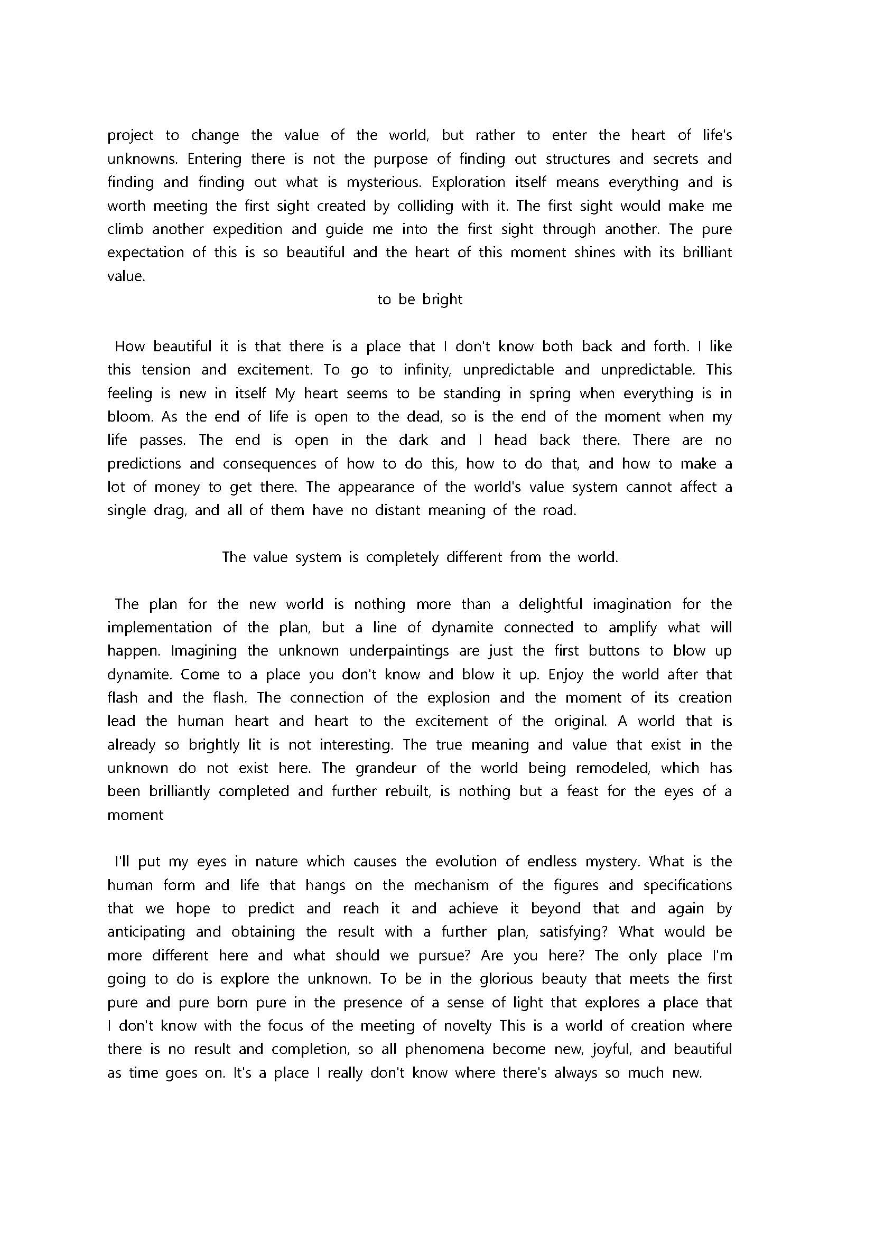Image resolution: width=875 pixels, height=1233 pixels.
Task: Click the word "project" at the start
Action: pyautogui.click(x=131, y=136)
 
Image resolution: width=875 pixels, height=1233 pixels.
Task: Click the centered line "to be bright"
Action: pyautogui.click(x=420, y=300)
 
